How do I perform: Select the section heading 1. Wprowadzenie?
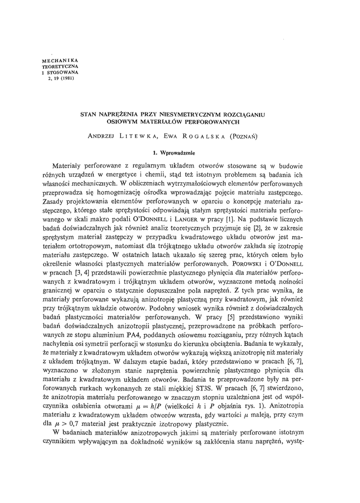pos(180,153)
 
